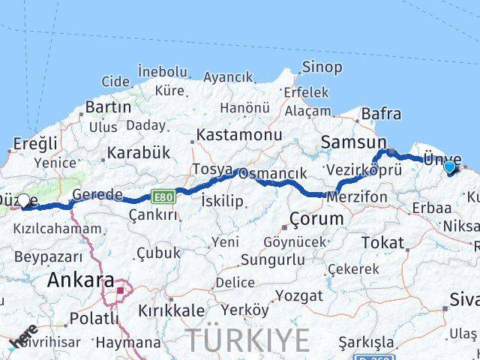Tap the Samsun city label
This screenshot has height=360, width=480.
pyautogui.click(x=353, y=142)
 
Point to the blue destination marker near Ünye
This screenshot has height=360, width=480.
pyautogui.click(x=451, y=166)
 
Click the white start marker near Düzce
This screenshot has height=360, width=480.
pyautogui.click(x=24, y=200)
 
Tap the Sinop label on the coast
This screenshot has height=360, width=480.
pyautogui.click(x=322, y=67)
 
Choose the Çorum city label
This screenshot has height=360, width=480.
pyautogui.click(x=316, y=219)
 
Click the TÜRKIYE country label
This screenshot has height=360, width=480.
pyautogui.click(x=247, y=340)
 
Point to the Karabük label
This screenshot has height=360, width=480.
pyautogui.click(x=139, y=152)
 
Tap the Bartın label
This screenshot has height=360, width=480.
pyautogui.click(x=108, y=107)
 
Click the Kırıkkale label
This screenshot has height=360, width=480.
pyautogui.click(x=171, y=310)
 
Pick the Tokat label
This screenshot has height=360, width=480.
pyautogui.click(x=382, y=242)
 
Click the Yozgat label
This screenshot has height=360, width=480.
pyautogui.click(x=298, y=295)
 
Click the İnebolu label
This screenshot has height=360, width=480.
pyautogui.click(x=162, y=71)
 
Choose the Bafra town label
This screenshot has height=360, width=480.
pyautogui.click(x=381, y=115)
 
